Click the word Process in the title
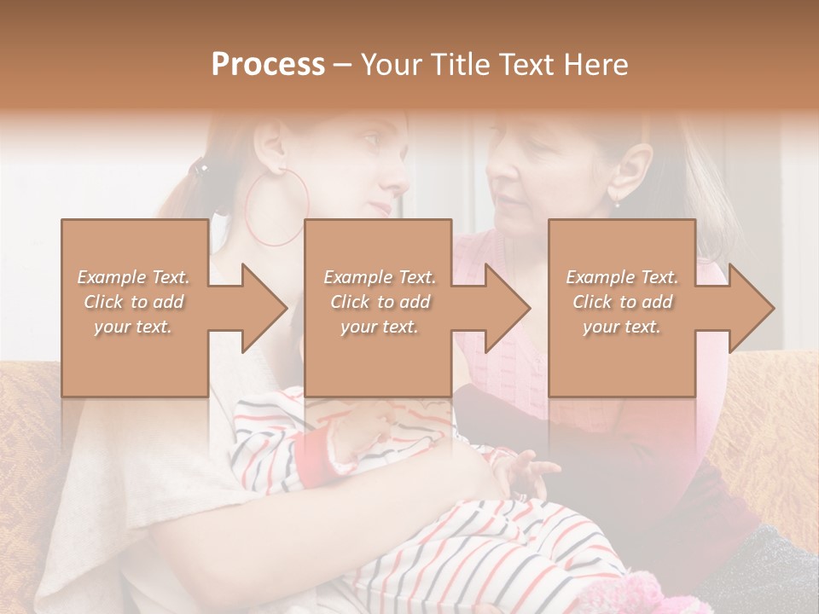pos(268,65)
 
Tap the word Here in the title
pos(595,65)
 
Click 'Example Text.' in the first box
pos(133,277)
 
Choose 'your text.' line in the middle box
pos(379,327)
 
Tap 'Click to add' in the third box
pos(622,302)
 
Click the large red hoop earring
pos(276,208)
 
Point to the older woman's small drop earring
pos(618,202)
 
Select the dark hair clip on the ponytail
pos(200,169)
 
